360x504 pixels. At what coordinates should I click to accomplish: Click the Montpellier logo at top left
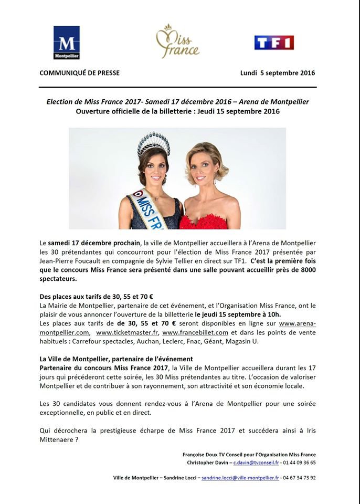66,43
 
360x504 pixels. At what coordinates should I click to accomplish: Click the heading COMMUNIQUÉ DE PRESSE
79,73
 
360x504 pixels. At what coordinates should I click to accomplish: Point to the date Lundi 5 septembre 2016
278,73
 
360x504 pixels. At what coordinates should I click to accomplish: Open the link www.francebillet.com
195,333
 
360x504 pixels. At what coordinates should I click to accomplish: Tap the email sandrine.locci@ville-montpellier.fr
241,478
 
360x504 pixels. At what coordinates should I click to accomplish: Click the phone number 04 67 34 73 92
300,478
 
